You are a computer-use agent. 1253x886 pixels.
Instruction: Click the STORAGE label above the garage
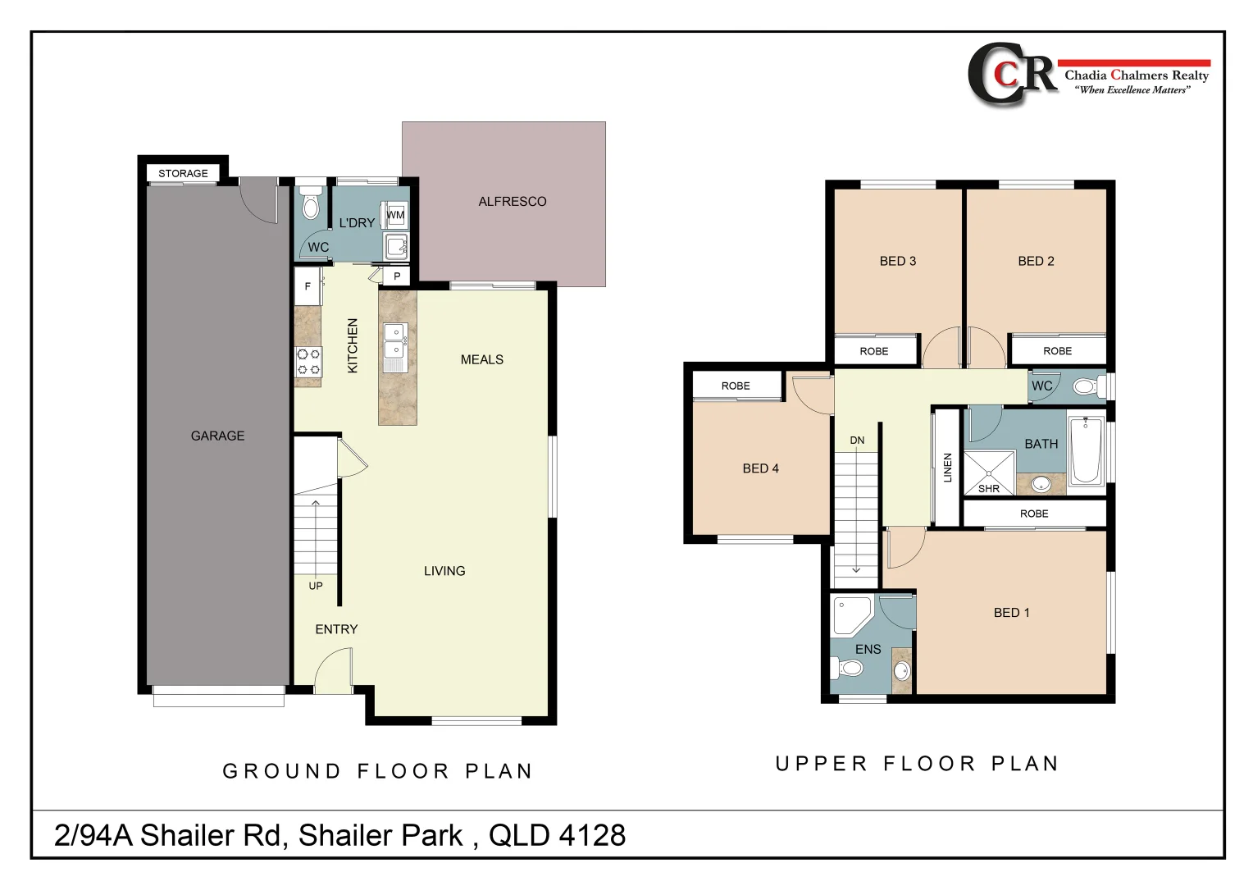pyautogui.click(x=183, y=173)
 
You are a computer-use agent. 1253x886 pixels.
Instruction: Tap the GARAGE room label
pyautogui.click(x=217, y=436)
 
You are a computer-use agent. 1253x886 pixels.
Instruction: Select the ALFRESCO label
pyautogui.click(x=512, y=201)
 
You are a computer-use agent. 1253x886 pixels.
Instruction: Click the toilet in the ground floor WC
pyautogui.click(x=311, y=205)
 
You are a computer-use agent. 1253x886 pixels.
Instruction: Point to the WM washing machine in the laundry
pyautogui.click(x=396, y=215)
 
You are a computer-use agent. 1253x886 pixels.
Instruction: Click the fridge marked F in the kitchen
pyautogui.click(x=308, y=286)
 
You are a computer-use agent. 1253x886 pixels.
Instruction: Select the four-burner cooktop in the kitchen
pyautogui.click(x=308, y=362)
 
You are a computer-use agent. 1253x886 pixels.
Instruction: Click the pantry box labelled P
pyautogui.click(x=397, y=276)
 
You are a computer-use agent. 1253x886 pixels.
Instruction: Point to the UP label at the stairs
pyautogui.click(x=316, y=586)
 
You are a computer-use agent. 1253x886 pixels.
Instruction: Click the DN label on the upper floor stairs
pyautogui.click(x=857, y=441)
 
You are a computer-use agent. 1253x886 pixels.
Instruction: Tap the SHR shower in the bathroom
pyautogui.click(x=989, y=473)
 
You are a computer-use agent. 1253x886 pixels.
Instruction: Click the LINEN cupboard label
pyautogui.click(x=948, y=468)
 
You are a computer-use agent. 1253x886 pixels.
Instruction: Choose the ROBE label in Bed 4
pyautogui.click(x=736, y=386)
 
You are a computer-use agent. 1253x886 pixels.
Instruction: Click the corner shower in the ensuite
pyautogui.click(x=850, y=615)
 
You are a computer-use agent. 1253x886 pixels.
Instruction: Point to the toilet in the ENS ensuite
pyautogui.click(x=849, y=669)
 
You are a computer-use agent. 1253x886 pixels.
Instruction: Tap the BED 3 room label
pyautogui.click(x=897, y=261)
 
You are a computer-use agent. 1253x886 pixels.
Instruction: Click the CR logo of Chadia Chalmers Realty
pyautogui.click(x=1012, y=74)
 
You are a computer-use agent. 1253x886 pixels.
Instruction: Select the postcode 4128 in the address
pyautogui.click(x=591, y=835)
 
